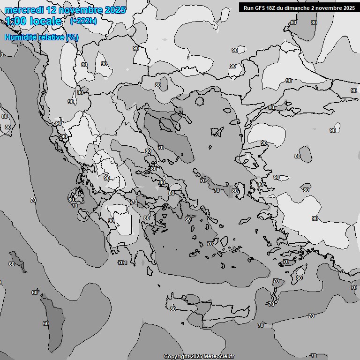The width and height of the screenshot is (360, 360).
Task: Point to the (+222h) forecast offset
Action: pos(83,21)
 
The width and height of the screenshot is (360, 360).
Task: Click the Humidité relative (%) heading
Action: pos(41,37)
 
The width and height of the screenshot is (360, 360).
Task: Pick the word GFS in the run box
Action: pos(261,7)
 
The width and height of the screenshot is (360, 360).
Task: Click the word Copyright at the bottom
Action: pos(176,357)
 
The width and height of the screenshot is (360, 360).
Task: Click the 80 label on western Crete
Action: pos(173,309)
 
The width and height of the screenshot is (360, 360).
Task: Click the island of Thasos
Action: pos(199,101)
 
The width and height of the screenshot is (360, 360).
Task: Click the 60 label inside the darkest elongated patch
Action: pos(45,323)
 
